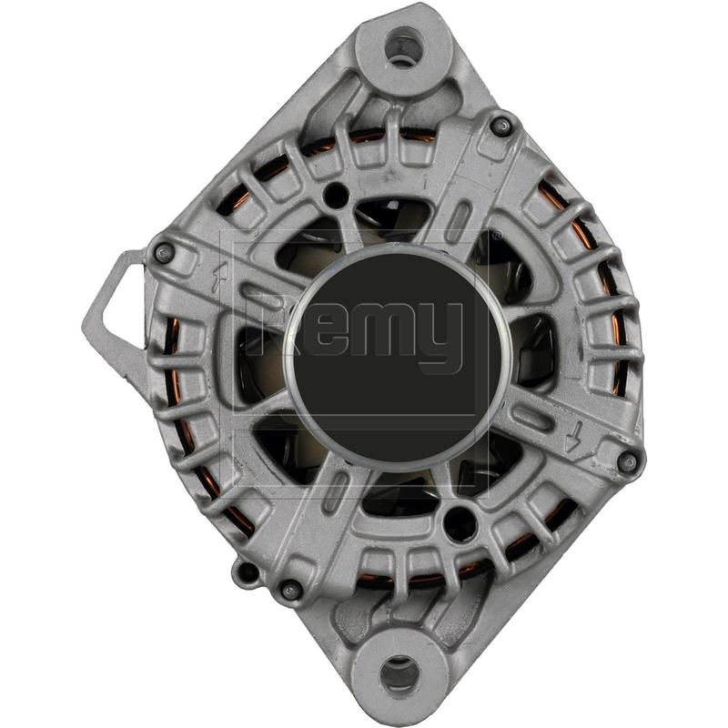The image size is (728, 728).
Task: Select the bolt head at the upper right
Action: point(500,124)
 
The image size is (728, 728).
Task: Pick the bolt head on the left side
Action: point(164,253)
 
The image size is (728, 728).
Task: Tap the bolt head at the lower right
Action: point(627,462)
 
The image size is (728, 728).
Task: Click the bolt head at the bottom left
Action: point(291,590)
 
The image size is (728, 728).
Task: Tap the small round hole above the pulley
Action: point(337,194)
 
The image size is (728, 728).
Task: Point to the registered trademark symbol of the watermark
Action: point(495,235)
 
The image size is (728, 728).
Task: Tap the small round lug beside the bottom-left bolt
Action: point(243,573)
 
